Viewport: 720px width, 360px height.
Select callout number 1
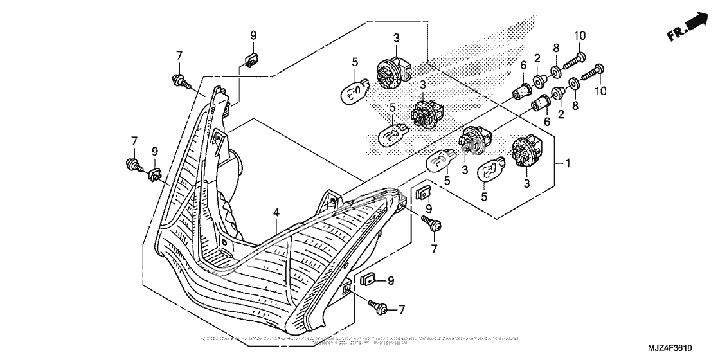567,163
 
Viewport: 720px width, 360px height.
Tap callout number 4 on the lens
275,212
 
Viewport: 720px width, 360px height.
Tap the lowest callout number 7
402,310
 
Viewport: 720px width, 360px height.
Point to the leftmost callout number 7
135,141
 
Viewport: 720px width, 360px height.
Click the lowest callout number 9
390,280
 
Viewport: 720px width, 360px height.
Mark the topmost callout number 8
556,48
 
